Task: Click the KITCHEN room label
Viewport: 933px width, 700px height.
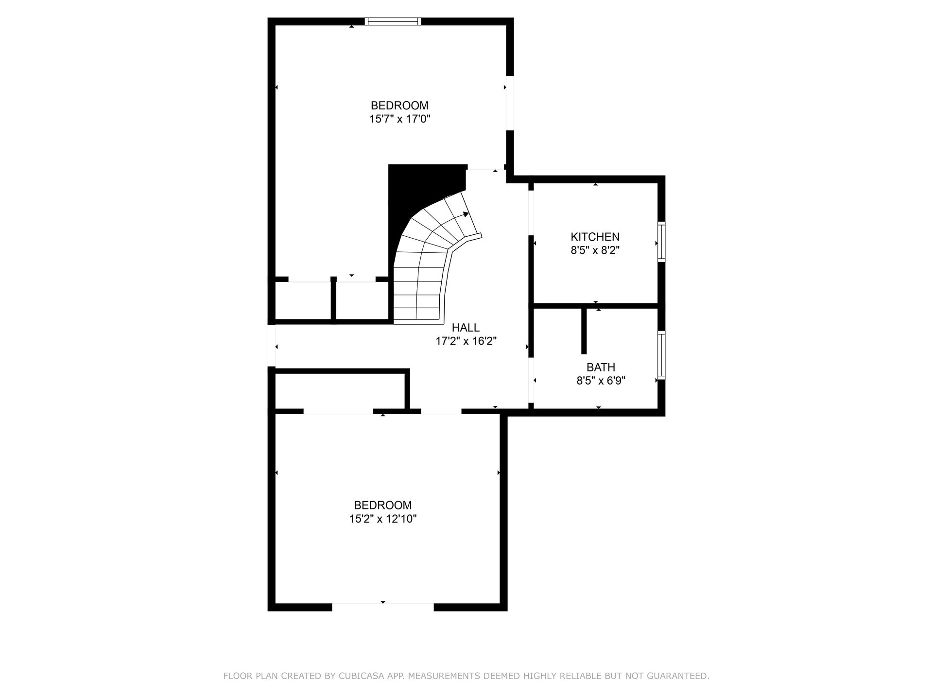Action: (x=595, y=237)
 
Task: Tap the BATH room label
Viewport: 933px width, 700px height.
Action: (x=601, y=367)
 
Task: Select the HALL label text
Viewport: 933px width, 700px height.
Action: (x=466, y=328)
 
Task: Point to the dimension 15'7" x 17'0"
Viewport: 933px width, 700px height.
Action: (x=400, y=119)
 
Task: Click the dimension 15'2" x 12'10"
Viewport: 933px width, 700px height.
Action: (x=383, y=519)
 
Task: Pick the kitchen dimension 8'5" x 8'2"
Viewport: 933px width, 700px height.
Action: (x=595, y=250)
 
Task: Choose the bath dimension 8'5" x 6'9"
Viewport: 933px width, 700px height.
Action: (x=601, y=381)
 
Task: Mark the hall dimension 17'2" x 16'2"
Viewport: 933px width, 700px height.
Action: (x=466, y=341)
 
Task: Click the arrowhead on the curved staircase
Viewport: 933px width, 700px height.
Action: (x=466, y=214)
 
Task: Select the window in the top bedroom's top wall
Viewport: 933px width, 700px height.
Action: (x=393, y=21)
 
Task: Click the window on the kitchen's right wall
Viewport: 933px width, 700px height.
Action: (x=661, y=242)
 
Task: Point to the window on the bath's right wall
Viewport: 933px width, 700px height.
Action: (x=661, y=355)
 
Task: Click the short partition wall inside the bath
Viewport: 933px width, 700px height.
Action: (x=584, y=331)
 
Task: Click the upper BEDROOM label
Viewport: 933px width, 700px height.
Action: (x=399, y=105)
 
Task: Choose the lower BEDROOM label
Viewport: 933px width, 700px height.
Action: (x=383, y=505)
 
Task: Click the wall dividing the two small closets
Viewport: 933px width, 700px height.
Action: (x=333, y=298)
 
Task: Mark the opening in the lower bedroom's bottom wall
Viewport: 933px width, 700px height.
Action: (x=383, y=607)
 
